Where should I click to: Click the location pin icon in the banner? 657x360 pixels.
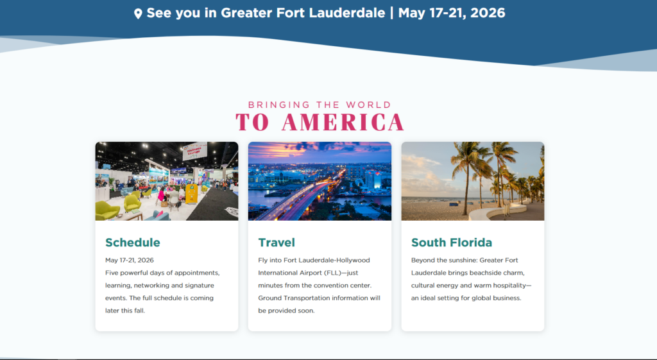(x=138, y=13)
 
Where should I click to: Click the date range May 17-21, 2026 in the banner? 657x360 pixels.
(x=452, y=13)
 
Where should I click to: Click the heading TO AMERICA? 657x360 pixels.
(x=320, y=122)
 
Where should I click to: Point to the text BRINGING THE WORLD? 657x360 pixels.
(x=320, y=105)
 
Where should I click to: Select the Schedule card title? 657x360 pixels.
(x=133, y=243)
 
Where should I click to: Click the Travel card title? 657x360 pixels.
(x=277, y=243)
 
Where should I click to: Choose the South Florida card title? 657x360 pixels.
(x=452, y=243)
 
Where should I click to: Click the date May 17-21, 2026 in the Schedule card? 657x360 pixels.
(x=130, y=260)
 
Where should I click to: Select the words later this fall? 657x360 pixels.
(x=128, y=311)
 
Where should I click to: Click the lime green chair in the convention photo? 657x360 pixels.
(x=107, y=209)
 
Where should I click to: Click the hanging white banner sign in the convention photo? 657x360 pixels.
(x=194, y=151)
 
